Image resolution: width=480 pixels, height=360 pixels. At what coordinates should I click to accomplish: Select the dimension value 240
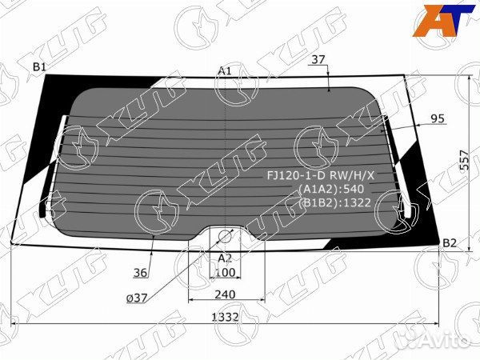pyautogui.click(x=225, y=292)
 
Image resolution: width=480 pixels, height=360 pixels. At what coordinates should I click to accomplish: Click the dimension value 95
pyautogui.click(x=437, y=118)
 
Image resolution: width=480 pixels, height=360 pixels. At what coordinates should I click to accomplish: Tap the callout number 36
pyautogui.click(x=141, y=273)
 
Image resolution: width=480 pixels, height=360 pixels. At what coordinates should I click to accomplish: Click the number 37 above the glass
pyautogui.click(x=318, y=59)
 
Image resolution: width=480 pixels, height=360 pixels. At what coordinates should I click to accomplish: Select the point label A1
pyautogui.click(x=225, y=71)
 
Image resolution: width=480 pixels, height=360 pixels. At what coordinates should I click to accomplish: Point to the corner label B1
pyautogui.click(x=38, y=66)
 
